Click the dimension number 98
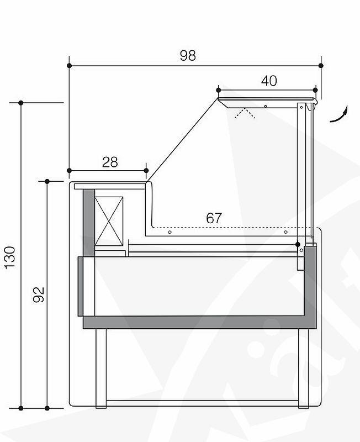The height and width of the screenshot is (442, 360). point(188,55)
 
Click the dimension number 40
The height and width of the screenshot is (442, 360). point(268,81)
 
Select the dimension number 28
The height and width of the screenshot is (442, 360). point(110,162)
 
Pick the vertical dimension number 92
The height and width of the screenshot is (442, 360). point(38,294)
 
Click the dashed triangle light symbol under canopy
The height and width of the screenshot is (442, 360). point(243,114)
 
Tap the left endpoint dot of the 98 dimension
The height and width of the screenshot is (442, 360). point(69,66)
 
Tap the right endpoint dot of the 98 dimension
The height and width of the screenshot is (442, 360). point(321,66)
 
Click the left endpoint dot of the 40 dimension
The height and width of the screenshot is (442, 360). point(219,90)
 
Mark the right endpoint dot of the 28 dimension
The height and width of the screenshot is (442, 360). point(146,170)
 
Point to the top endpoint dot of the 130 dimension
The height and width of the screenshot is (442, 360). point(20,103)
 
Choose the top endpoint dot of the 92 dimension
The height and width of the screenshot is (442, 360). point(47,181)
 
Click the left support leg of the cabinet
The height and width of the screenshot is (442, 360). point(101,367)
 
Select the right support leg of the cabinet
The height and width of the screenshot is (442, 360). point(303,367)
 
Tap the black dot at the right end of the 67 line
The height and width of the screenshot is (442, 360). point(298,244)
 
